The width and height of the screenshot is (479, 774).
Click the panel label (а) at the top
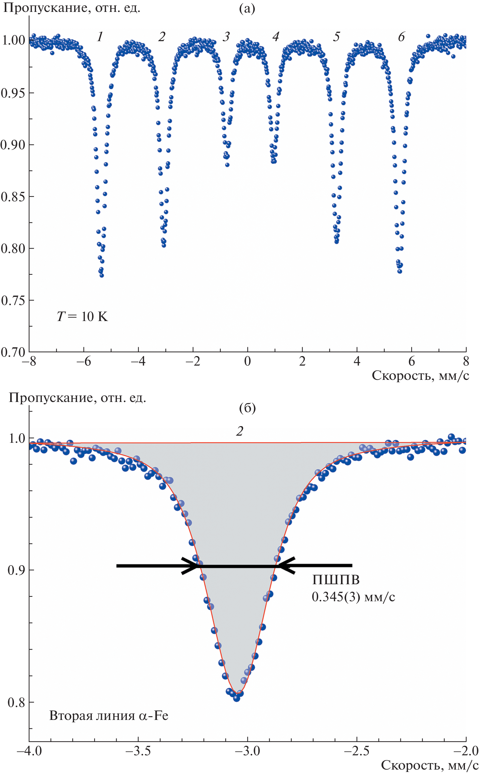point(247,9)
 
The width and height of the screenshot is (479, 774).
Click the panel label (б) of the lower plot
point(247,408)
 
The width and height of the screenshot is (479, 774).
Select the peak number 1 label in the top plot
point(100,37)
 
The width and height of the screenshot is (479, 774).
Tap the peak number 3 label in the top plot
point(226,37)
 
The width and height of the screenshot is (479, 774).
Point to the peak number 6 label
point(401,37)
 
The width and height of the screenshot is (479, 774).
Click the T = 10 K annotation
point(82,317)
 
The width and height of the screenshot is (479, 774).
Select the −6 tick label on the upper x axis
point(83,361)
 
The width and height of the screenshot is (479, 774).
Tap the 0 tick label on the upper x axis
point(247,361)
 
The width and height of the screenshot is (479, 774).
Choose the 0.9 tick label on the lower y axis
point(16,570)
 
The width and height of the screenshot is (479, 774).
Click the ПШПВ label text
point(336,579)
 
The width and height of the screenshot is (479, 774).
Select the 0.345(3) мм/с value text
point(353,597)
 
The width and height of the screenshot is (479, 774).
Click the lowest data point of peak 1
point(101,275)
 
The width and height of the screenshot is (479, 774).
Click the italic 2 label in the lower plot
point(240,431)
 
